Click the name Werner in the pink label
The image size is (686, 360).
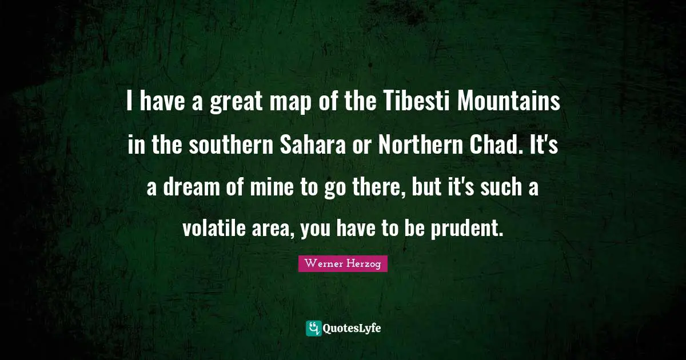(324, 263)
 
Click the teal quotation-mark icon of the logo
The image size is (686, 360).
(313, 328)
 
